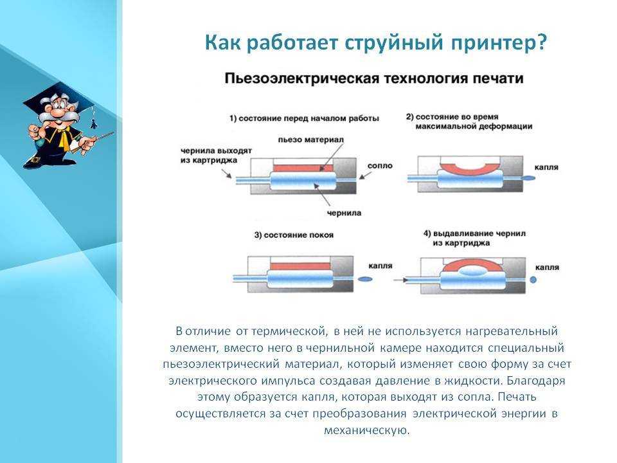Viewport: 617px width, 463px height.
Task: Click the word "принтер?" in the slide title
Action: pos(499,43)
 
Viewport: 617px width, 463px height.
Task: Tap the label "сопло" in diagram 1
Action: pos(380,166)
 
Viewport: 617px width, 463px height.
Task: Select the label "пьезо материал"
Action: pos(310,140)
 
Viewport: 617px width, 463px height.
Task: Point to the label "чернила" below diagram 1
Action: pos(344,213)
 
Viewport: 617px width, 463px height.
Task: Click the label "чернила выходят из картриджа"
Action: pos(216,156)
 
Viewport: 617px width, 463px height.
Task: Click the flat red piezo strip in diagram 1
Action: pos(303,168)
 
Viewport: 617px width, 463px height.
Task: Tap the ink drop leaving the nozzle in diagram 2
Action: pos(528,178)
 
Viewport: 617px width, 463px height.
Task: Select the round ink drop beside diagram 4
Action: pos(533,280)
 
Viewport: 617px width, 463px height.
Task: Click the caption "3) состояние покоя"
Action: pos(294,235)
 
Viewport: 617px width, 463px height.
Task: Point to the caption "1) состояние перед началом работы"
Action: pos(304,118)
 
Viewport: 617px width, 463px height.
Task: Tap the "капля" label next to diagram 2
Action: pos(546,167)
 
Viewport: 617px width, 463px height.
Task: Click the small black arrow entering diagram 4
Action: pos(400,280)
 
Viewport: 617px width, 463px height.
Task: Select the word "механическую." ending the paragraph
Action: pos(367,430)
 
